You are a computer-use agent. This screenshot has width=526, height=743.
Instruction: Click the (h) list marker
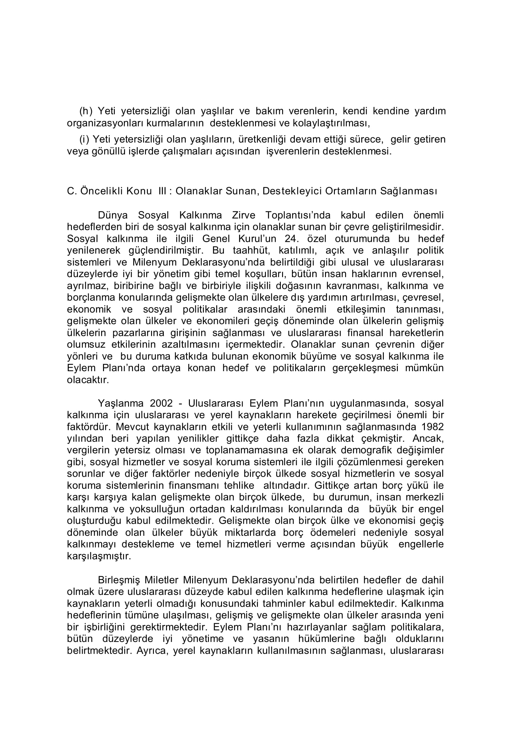(86, 111)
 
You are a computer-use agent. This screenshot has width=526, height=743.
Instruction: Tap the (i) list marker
(85, 140)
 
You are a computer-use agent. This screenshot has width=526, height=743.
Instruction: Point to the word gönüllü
(107, 152)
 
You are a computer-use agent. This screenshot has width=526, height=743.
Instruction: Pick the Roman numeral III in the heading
(163, 191)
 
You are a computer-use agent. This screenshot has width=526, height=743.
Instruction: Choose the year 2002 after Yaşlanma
(161, 404)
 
